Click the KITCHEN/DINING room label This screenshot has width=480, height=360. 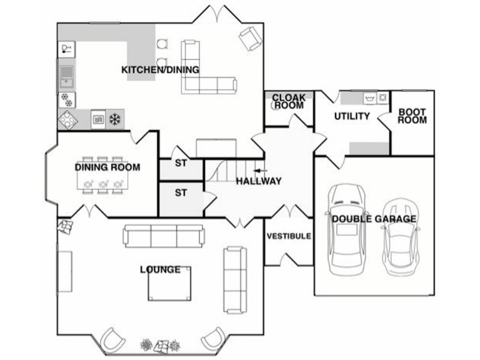click(160, 69)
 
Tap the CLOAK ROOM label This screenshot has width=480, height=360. click(288, 102)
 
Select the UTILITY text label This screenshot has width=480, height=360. click(352, 116)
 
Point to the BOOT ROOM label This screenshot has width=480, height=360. click(412, 116)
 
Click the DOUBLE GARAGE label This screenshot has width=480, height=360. click(374, 219)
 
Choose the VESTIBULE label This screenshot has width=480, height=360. click(289, 236)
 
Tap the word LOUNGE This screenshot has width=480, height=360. click(160, 269)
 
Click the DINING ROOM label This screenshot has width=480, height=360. click(107, 167)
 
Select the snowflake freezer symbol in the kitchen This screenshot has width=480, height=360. click(115, 119)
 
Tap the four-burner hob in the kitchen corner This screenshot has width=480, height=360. click(67, 119)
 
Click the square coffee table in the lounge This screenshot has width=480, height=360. click(169, 283)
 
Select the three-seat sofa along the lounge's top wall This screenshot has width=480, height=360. click(164, 236)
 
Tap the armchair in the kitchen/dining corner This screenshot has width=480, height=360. click(250, 39)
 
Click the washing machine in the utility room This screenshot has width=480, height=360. click(382, 97)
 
